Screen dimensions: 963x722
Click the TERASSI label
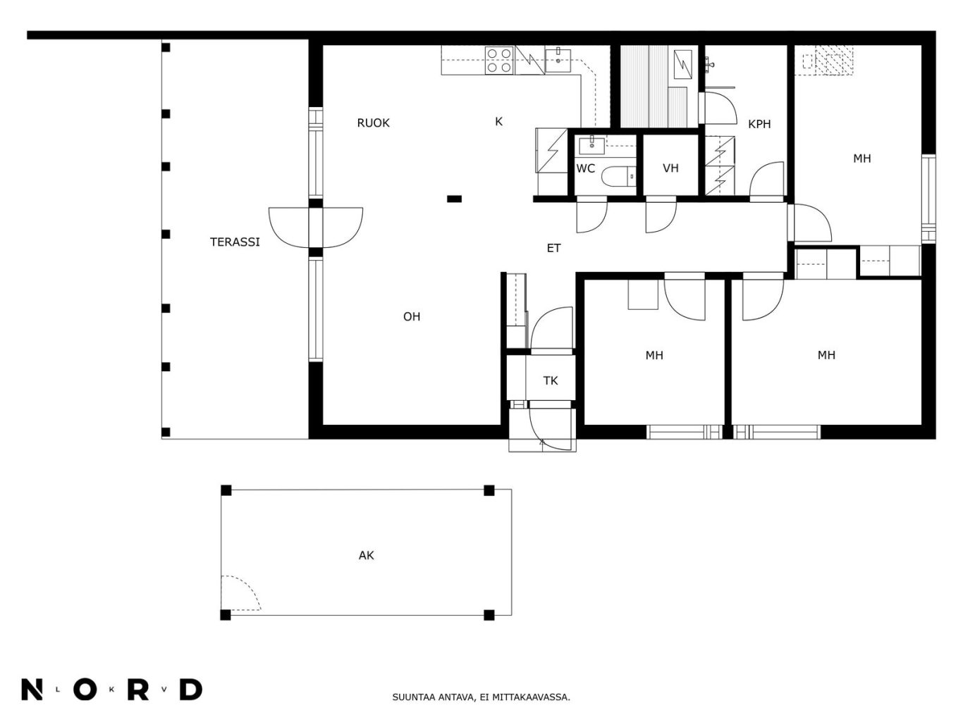click(235, 242)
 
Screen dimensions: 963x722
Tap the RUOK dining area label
click(373, 123)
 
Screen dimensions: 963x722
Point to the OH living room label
click(412, 316)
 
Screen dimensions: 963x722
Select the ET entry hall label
click(553, 249)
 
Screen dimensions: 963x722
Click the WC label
click(585, 168)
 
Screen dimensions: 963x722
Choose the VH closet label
click(671, 168)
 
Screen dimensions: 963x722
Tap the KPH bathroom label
click(759, 125)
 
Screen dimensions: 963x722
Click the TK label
click(551, 381)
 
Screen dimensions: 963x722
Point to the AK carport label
click(367, 556)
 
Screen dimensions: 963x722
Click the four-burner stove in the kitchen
click(499, 60)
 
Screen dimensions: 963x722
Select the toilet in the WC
click(618, 177)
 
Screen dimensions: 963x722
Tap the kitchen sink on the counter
click(558, 61)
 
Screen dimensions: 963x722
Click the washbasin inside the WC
click(592, 146)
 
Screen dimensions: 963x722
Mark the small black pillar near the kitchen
click(454, 199)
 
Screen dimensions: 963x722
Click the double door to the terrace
click(315, 228)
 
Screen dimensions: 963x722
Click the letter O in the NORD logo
click(85, 690)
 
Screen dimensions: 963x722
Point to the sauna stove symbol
click(682, 64)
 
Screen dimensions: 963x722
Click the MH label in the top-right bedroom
click(861, 158)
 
